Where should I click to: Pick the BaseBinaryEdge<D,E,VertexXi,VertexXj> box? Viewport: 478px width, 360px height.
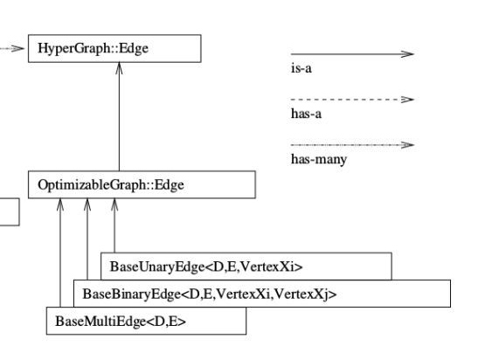coord(261,293)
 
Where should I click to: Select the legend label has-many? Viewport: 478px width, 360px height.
coord(315,159)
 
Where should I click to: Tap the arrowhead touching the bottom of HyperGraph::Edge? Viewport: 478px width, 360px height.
coord(119,68)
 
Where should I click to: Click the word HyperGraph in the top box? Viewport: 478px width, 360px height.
coord(66,48)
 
